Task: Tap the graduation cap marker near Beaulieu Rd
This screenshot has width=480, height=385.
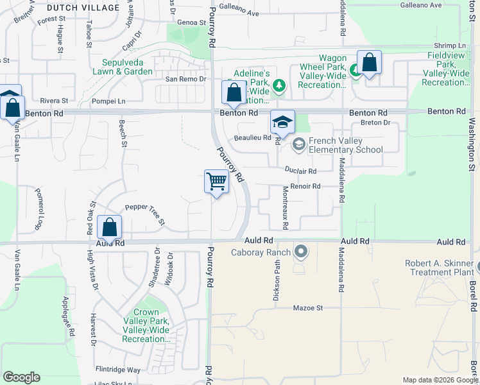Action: click(282, 122)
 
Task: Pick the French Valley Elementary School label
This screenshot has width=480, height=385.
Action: click(345, 146)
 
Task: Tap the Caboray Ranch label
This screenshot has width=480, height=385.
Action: click(261, 252)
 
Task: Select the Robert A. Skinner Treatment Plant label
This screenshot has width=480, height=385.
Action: click(439, 268)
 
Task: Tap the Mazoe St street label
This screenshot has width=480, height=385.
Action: click(307, 308)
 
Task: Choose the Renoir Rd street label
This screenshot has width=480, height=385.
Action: click(305, 186)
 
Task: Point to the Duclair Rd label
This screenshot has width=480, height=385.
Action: click(301, 171)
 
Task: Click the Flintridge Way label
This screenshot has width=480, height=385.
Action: click(118, 370)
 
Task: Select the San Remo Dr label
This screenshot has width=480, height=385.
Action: click(185, 79)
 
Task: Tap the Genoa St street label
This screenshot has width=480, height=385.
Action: click(191, 22)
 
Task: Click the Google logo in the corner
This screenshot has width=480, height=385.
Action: click(21, 377)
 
